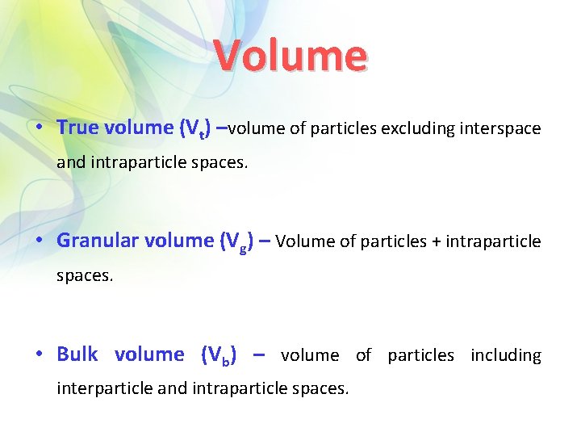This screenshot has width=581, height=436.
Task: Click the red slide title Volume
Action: coord(290,57)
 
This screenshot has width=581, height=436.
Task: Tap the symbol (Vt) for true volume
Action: coord(198,128)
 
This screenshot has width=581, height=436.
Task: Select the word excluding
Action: coord(418,128)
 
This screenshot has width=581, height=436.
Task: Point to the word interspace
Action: coord(500,128)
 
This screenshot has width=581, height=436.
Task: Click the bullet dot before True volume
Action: coord(40,128)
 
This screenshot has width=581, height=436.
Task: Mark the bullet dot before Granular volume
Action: coord(40,241)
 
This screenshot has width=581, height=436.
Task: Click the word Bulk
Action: coord(77,354)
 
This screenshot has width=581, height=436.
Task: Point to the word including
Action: coord(506,355)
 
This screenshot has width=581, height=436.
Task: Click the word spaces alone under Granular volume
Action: coord(85,275)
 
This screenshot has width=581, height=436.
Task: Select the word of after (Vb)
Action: coord(363,355)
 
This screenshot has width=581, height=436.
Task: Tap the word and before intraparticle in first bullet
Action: coord(70,162)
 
